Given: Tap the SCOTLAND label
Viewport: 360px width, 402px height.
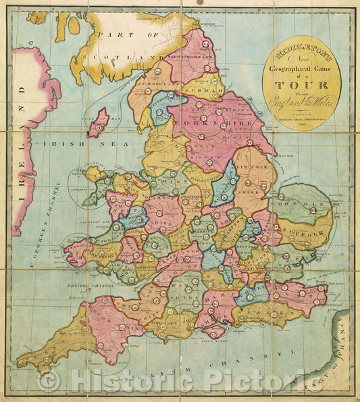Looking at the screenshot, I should click(128, 57).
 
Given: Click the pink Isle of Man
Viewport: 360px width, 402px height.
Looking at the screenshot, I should click(99, 124).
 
